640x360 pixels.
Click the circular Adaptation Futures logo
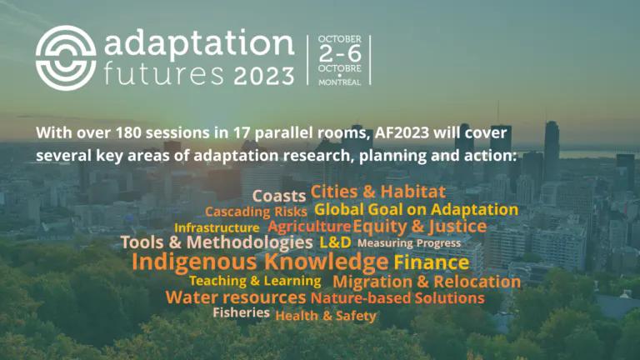point(66,57)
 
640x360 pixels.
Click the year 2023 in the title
point(264,76)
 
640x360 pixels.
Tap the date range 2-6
point(340,53)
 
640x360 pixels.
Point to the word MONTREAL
point(340,82)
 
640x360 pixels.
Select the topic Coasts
point(279,196)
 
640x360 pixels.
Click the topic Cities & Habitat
point(378,192)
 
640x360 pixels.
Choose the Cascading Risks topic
point(256,212)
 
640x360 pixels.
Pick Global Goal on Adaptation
point(417,209)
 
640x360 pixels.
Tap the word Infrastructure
point(217,227)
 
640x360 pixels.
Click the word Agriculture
point(309,226)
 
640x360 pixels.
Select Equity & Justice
point(420,226)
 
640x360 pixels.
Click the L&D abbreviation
point(335,242)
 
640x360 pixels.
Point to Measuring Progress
point(409,243)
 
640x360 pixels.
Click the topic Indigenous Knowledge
point(260,262)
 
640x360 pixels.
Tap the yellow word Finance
point(432,262)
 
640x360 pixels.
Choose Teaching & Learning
point(255,281)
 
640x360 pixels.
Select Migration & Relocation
point(427,282)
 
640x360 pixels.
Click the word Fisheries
point(241,312)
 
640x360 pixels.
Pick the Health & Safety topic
point(326,316)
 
